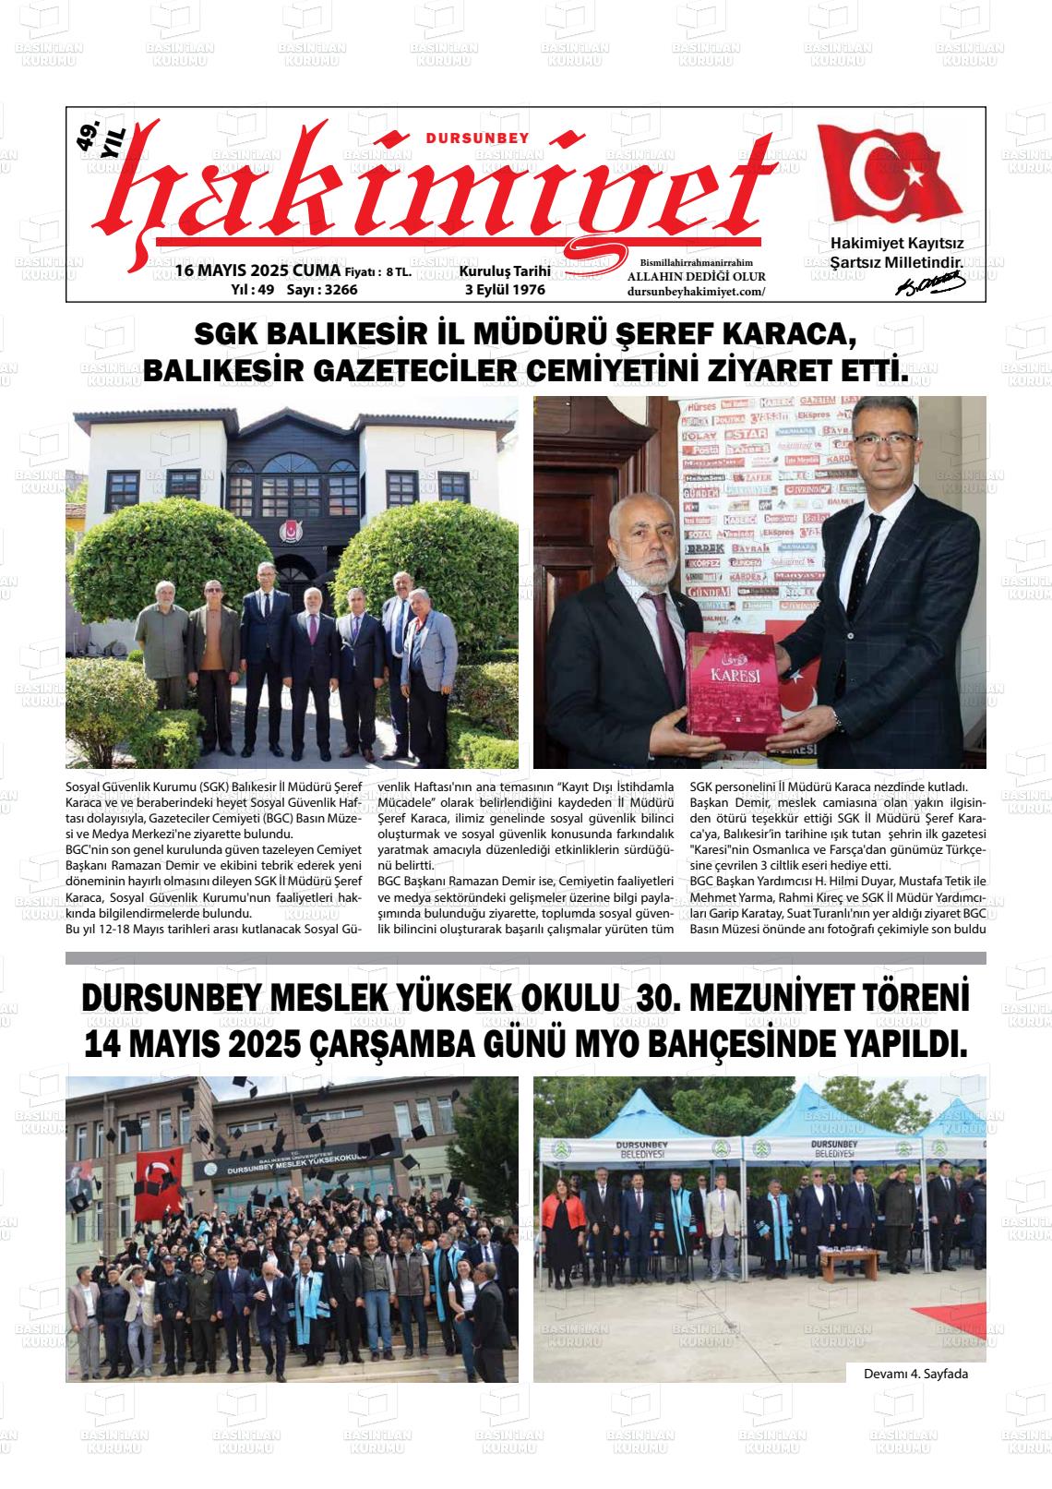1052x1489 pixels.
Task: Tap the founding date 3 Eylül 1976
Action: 505,290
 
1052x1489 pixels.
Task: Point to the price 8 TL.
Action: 400,272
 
